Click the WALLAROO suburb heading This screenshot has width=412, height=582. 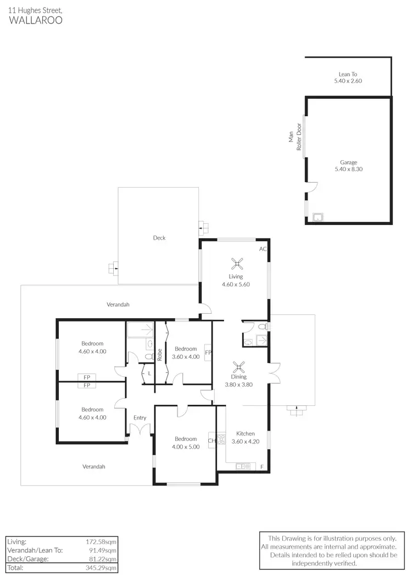36,20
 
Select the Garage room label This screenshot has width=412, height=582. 348,162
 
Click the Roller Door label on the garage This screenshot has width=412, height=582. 299,137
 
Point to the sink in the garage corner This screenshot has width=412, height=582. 317,217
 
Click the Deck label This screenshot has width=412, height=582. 159,238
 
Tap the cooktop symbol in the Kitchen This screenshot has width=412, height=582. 221,439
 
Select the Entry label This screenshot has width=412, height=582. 140,418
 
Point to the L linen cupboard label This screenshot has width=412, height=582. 148,374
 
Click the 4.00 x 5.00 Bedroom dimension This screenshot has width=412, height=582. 186,447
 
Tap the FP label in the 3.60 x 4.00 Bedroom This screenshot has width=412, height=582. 208,352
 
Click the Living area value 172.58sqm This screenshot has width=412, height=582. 102,541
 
